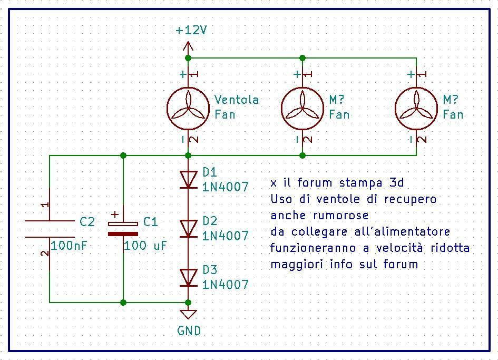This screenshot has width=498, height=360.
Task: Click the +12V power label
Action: pyautogui.click(x=191, y=30)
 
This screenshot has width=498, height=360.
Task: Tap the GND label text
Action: pyautogui.click(x=189, y=331)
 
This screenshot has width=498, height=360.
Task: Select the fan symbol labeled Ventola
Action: pyautogui.click(x=188, y=109)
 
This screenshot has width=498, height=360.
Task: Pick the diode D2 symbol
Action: pyautogui.click(x=188, y=228)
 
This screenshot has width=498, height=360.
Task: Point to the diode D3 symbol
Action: pyautogui.click(x=188, y=277)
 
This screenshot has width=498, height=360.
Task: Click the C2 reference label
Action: pyautogui.click(x=87, y=221)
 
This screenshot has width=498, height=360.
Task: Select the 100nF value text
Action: pyautogui.click(x=69, y=245)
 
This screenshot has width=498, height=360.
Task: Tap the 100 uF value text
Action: pyautogui.click(x=145, y=245)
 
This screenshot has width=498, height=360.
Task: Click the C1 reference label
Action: pyautogui.click(x=151, y=221)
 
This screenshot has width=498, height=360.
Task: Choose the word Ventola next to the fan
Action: pyautogui.click(x=237, y=100)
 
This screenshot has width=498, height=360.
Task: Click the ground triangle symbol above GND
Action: pyautogui.click(x=188, y=314)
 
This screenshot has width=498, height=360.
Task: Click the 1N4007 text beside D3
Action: pyautogui.click(x=225, y=285)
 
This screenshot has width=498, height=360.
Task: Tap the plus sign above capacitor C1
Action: pyautogui.click(x=115, y=215)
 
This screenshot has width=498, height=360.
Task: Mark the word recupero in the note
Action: pyautogui.click(x=411, y=200)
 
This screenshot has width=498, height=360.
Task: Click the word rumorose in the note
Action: pyautogui.click(x=341, y=216)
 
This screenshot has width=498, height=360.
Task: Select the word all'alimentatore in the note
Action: pyautogui.click(x=402, y=231)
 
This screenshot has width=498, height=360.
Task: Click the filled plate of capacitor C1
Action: pyautogui.click(x=123, y=234)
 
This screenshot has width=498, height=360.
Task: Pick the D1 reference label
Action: pyautogui.click(x=210, y=172)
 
